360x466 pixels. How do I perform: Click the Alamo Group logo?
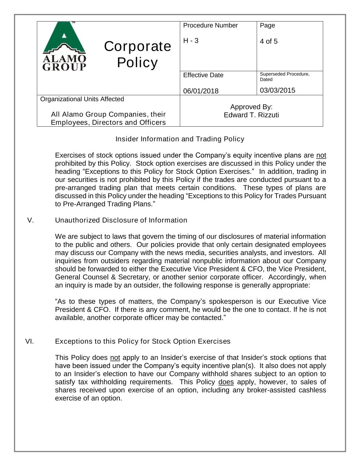[x=64, y=46]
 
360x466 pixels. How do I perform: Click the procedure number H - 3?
[x=191, y=41]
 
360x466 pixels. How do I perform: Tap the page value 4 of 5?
[x=269, y=41]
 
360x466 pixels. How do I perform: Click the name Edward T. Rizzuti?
[x=251, y=115]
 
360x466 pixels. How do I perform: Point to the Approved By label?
[x=251, y=107]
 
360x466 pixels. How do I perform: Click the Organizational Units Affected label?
[x=82, y=99]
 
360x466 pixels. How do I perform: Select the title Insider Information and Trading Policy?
[x=180, y=139]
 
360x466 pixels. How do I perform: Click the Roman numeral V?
[x=30, y=220]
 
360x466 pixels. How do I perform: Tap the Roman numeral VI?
[x=29, y=341]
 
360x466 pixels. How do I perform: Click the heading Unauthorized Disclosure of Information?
[x=121, y=220]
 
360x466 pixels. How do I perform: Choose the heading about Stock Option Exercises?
[x=143, y=341]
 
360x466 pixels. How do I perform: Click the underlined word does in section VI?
[x=226, y=382]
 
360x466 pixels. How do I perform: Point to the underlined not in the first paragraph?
[x=321, y=156]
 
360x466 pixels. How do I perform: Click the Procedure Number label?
[x=210, y=26]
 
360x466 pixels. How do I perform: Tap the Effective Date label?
[x=203, y=75]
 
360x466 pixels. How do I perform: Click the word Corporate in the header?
[x=138, y=46]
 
